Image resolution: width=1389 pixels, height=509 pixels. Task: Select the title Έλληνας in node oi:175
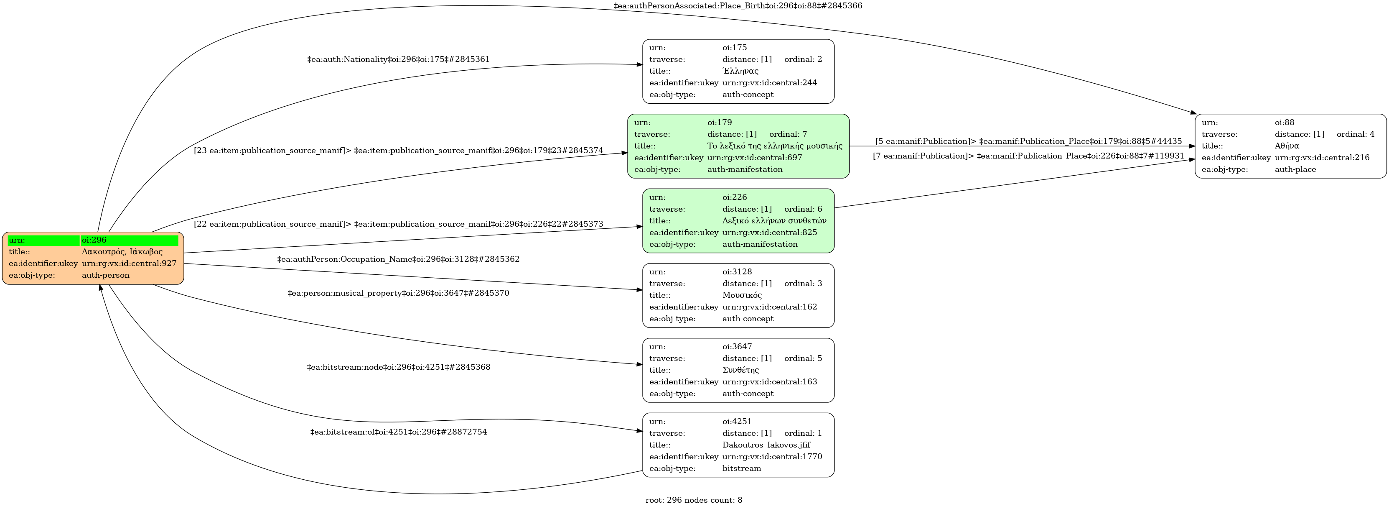(740, 71)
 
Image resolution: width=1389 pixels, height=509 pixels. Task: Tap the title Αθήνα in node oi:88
(1287, 146)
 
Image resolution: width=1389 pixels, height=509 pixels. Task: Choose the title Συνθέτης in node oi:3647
(740, 370)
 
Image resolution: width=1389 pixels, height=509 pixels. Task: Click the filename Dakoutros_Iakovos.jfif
(766, 445)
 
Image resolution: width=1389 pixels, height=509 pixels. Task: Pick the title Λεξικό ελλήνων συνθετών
(774, 221)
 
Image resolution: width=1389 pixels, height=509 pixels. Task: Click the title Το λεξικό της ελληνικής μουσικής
(774, 146)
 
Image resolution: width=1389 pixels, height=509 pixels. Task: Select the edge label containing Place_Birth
(738, 6)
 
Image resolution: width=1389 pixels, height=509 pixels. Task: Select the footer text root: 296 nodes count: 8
(693, 500)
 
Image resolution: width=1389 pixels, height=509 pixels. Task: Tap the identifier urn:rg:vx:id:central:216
(1322, 158)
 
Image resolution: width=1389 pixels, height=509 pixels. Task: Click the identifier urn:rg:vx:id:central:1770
(772, 457)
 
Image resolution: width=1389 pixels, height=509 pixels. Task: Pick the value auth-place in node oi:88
(1295, 169)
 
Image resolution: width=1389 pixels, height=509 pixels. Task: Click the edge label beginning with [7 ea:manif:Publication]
(1028, 156)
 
